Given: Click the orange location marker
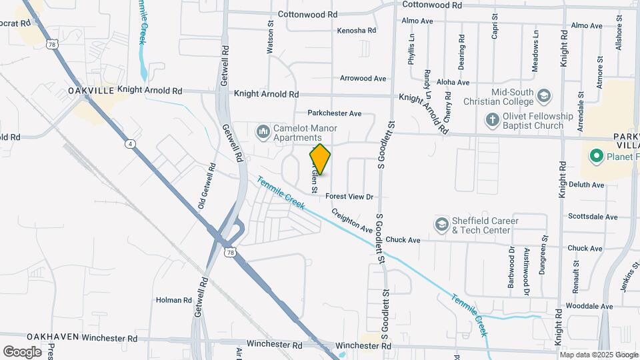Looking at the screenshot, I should tap(320, 159).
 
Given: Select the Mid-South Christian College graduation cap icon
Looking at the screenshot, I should tap(544, 97).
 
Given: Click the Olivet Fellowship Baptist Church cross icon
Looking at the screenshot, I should tap(492, 120).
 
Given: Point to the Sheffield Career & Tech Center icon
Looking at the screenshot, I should tap(441, 225).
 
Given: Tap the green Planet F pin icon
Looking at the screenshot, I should tap(595, 157).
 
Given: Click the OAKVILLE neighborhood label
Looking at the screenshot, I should tap(91, 90).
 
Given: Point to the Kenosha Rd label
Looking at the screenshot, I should tap(357, 31).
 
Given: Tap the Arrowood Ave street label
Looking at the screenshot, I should tap(363, 79).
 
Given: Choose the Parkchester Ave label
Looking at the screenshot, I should tap(334, 113).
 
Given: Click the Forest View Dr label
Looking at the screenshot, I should tap(349, 197).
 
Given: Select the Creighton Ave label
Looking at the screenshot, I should tap(353, 221).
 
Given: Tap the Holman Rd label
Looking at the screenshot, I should tap(173, 301).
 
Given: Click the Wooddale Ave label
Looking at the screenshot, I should tap(590, 307).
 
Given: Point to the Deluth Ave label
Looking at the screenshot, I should tap(586, 185).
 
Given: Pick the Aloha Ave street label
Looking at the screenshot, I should tap(453, 83).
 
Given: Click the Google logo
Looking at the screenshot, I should tap(22, 352).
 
